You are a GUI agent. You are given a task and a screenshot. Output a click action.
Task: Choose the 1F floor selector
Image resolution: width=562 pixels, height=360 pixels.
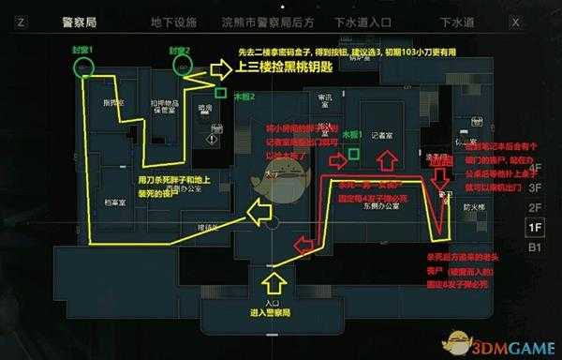pos(535,228)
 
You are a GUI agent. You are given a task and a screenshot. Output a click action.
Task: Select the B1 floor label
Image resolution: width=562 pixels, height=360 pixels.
pos(535,248)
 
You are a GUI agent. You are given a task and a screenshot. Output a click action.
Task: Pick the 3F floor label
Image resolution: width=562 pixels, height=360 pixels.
pos(535,186)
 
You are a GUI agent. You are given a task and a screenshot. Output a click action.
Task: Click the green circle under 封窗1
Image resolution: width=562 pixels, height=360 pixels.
pos(84,66)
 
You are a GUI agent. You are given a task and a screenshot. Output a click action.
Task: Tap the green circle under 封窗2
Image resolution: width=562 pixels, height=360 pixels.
pos(183,66)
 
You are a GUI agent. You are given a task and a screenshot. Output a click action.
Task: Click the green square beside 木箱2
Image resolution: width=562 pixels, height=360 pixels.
pos(219,93)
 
